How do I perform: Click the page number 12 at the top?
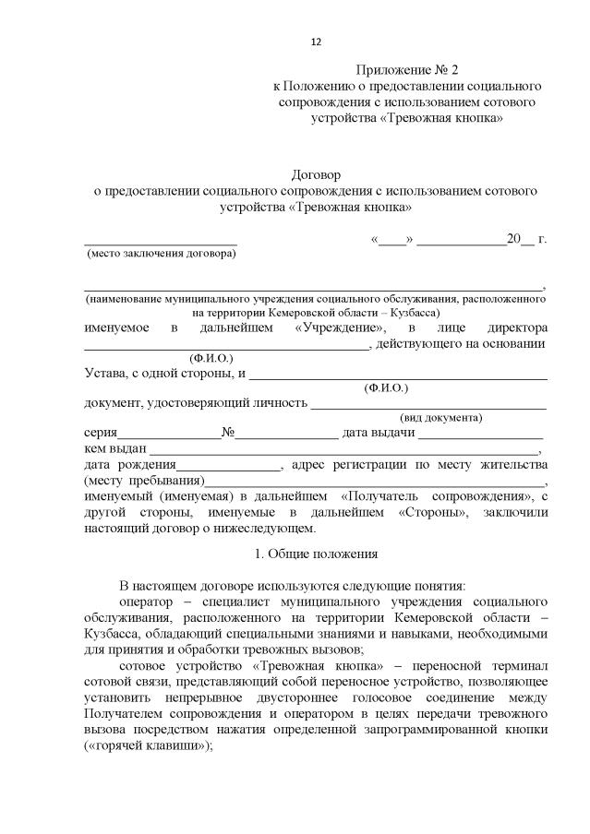[x=316, y=42]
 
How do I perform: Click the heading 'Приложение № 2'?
[x=406, y=69]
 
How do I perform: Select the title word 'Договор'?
[x=317, y=174]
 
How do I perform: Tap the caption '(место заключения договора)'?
[x=161, y=253]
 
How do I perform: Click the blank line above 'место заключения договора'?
[x=161, y=242]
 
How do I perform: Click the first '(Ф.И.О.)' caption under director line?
[x=211, y=357]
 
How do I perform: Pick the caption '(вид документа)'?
[x=440, y=417]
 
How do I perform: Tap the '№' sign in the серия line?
[x=226, y=433]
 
